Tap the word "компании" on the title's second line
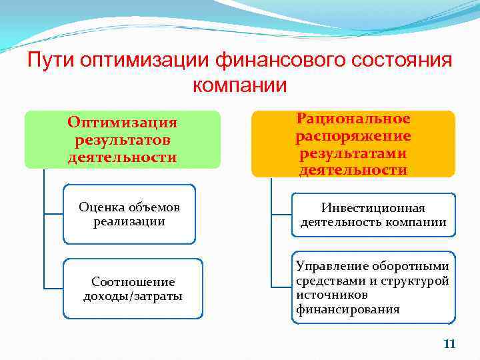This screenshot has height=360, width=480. [x=240, y=85]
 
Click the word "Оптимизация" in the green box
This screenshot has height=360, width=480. [x=123, y=123]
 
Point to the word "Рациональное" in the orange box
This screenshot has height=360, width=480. [x=353, y=119]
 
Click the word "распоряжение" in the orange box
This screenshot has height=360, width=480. [x=353, y=136]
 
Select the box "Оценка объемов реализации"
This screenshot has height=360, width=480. [x=129, y=214]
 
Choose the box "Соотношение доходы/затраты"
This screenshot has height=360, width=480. [x=133, y=289]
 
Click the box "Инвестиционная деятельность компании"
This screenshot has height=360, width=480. [x=373, y=215]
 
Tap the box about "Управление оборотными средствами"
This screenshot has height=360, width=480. [x=373, y=287]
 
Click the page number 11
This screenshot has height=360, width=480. [x=449, y=344]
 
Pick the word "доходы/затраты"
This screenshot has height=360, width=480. [x=133, y=296]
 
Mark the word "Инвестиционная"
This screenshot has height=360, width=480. [x=373, y=208]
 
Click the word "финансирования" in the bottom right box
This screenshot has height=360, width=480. [x=348, y=309]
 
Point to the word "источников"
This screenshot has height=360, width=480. [x=326, y=295]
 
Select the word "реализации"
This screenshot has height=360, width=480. [x=129, y=221]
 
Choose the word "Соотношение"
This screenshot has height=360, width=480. [x=133, y=282]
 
